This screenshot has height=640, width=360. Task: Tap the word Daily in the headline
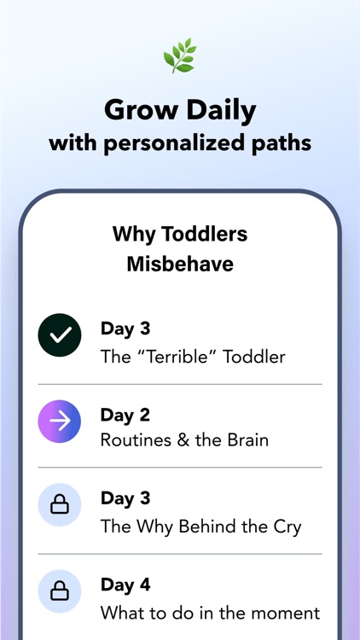pyautogui.click(x=217, y=109)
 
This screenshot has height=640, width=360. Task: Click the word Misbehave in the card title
pyautogui.click(x=180, y=265)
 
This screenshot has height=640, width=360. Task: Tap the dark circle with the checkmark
pyautogui.click(x=60, y=336)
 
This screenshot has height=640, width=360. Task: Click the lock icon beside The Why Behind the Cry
pyautogui.click(x=60, y=506)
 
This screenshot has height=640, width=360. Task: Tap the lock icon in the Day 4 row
pyautogui.click(x=60, y=591)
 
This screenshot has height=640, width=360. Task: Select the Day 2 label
pyautogui.click(x=125, y=415)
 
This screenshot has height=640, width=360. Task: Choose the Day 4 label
pyautogui.click(x=125, y=585)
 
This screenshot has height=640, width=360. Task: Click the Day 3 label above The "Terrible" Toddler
pyautogui.click(x=125, y=329)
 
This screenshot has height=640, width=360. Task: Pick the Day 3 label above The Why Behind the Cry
pyautogui.click(x=125, y=499)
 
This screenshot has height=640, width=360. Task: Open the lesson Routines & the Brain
pyautogui.click(x=184, y=441)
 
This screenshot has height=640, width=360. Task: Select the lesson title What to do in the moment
pyautogui.click(x=210, y=612)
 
